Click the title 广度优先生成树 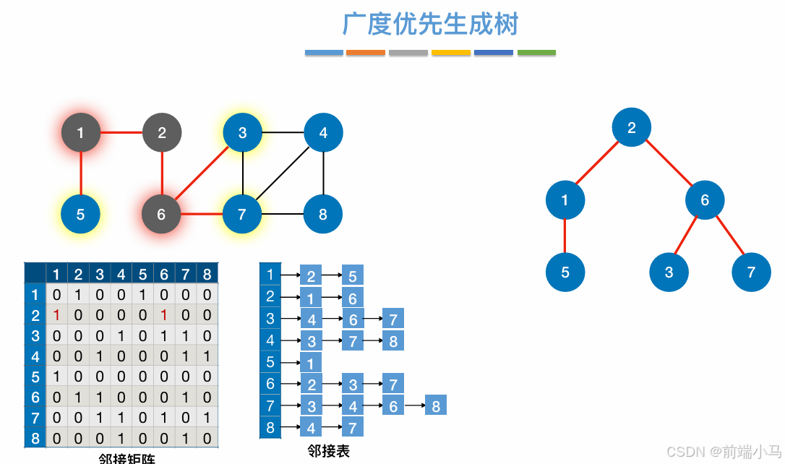tap(430, 25)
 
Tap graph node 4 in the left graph tap(323, 132)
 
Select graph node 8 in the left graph tap(323, 214)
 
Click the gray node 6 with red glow tap(161, 214)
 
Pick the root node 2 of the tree tap(631, 128)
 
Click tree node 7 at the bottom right tap(751, 272)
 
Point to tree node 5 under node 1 tap(565, 272)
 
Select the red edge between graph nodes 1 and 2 tap(121, 132)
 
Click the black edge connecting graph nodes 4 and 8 tap(323, 173)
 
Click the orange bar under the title tap(366, 53)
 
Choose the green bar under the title tap(536, 53)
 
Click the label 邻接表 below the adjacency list tap(328, 451)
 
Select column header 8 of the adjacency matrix tap(207, 274)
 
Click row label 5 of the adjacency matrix tap(35, 377)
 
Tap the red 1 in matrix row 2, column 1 tap(56, 315)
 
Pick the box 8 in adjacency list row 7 tap(436, 405)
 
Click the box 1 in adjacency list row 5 tap(311, 362)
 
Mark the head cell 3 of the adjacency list tap(270, 318)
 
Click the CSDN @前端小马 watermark tap(724, 452)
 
